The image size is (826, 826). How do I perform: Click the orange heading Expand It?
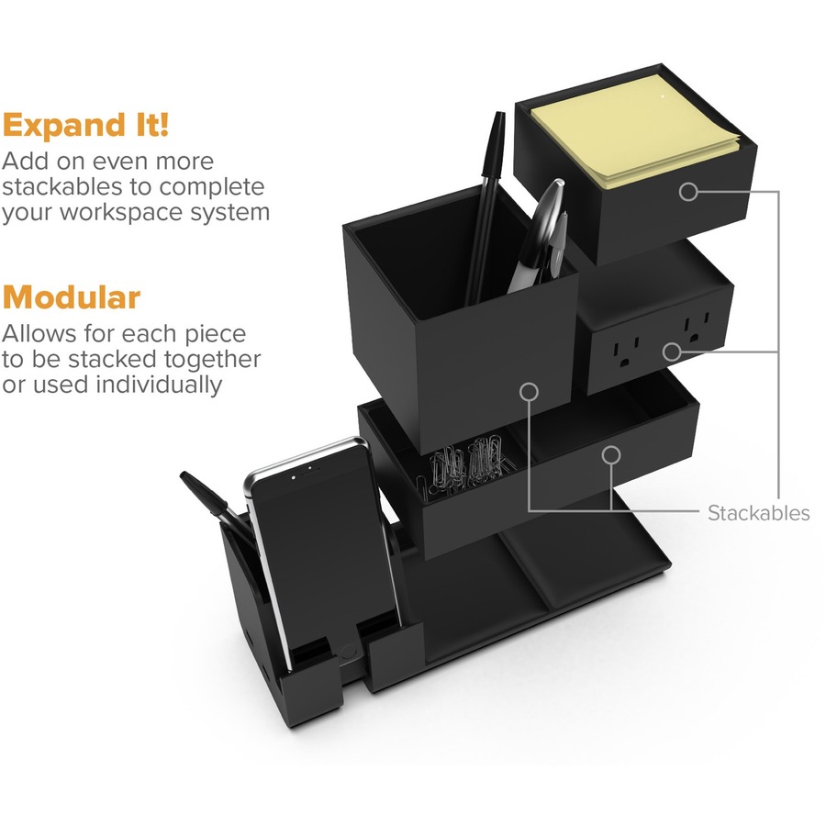(x=85, y=126)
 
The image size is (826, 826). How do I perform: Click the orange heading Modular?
(x=71, y=297)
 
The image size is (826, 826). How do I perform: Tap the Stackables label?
(x=759, y=513)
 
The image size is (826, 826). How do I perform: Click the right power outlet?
(x=697, y=329)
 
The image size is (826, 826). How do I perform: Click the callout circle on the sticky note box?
(x=688, y=191)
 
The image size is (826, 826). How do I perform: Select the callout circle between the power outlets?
(x=672, y=352)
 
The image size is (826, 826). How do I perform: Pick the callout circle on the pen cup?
(x=529, y=391)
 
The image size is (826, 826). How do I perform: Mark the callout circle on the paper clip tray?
(x=611, y=455)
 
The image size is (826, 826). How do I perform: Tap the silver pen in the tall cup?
(x=539, y=234)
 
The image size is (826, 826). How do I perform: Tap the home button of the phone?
(x=348, y=653)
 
